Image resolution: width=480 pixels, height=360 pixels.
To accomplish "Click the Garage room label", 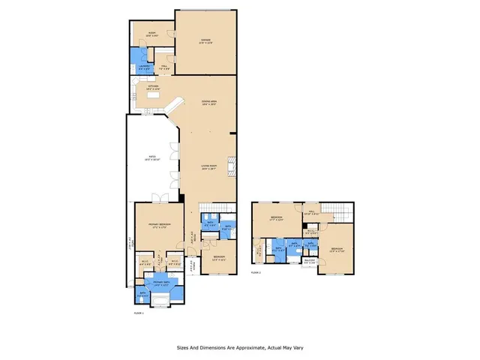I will tap(205, 41).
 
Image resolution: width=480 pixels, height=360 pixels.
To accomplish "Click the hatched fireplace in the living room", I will tap(232, 166).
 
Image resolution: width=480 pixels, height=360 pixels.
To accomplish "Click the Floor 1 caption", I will tap(138, 313).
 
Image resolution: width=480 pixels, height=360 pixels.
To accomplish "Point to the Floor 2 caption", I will tap(256, 273).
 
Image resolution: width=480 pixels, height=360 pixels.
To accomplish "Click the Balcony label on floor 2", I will tap(308, 262).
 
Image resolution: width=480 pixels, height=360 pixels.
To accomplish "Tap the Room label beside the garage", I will tap(151, 34).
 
